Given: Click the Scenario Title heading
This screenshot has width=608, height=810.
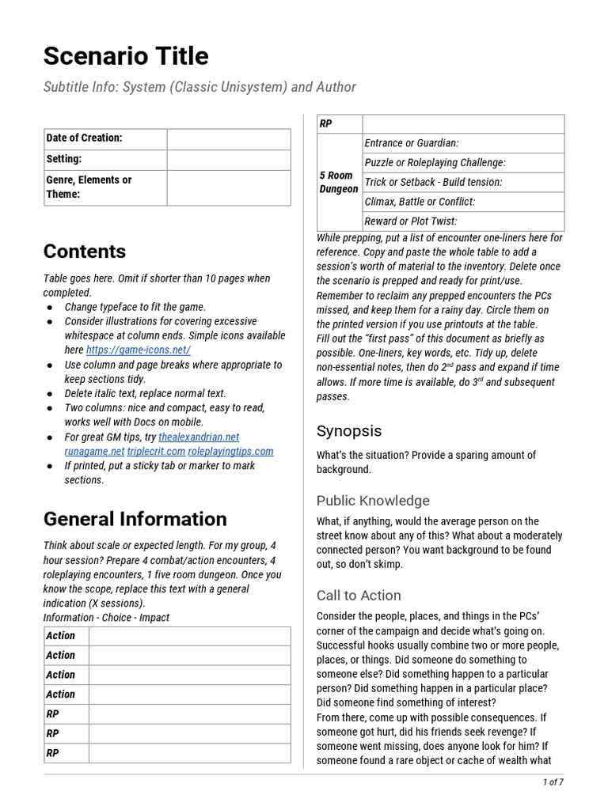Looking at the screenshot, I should click(126, 56).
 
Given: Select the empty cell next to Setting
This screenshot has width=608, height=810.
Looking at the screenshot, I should click(228, 159).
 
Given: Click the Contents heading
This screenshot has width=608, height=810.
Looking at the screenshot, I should click(85, 252).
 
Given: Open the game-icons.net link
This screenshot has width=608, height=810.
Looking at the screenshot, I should click(139, 350).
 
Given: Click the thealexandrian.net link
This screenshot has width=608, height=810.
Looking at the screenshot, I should click(199, 437).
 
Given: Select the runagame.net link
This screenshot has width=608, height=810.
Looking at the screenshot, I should click(84, 451).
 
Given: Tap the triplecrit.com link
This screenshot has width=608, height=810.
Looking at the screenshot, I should click(156, 451).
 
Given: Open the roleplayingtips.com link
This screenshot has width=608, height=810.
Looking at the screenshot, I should click(230, 451).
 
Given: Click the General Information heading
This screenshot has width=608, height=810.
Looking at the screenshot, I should click(135, 519).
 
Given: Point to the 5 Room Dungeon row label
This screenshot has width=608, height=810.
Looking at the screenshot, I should click(339, 182).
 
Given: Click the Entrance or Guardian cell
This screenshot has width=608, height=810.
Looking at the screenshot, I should click(411, 143).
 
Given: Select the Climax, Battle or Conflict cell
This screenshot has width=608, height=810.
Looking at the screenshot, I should click(420, 202).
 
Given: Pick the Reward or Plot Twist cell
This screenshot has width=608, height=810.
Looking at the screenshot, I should click(410, 221).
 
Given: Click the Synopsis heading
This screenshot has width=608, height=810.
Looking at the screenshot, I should click(349, 431).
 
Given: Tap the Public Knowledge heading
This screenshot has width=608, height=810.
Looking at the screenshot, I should click(373, 501).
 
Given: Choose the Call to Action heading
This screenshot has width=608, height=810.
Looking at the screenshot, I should click(359, 596).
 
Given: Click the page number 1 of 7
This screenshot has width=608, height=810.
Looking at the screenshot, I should click(553, 782).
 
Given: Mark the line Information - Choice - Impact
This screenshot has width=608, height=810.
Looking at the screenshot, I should click(106, 618).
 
